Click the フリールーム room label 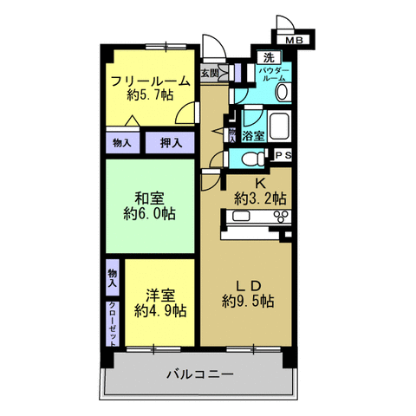coord(149,82)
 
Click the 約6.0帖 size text coord(149,213)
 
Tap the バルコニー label coord(199,374)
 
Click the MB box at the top coord(295,38)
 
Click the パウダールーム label coord(276,74)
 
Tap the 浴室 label coord(253,136)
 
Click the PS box coord(283,155)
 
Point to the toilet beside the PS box coord(252,158)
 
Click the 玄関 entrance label coord(210,74)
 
